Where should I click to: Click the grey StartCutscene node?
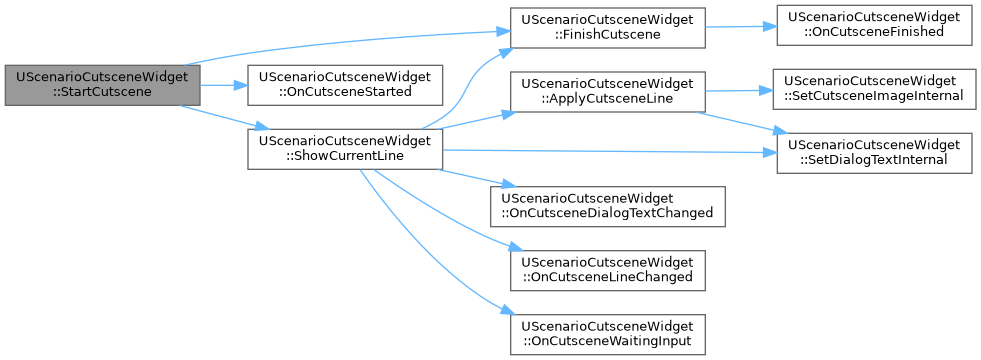tap(103, 85)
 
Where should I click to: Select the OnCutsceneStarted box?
tap(345, 85)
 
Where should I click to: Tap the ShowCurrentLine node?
tap(345, 149)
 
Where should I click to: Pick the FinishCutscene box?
tap(607, 28)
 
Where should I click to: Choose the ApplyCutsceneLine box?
tap(607, 91)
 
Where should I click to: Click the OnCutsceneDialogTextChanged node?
tap(607, 207)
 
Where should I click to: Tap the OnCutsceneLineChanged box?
tap(607, 270)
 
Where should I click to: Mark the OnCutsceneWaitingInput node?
tap(607, 334)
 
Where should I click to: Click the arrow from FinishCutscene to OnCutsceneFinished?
tap(741, 27)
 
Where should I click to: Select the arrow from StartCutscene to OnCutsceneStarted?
tap(224, 85)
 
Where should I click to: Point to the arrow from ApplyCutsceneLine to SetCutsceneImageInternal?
tap(740, 91)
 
